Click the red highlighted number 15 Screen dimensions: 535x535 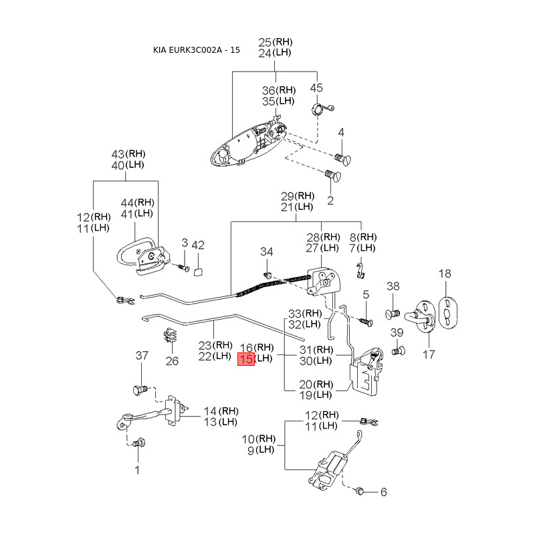click(246, 359)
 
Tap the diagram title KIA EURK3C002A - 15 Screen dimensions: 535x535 click(196, 49)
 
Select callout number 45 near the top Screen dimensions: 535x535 click(316, 88)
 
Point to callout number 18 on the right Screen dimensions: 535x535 click(445, 274)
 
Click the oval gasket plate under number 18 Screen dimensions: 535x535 click(447, 313)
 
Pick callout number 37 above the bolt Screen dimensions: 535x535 click(142, 355)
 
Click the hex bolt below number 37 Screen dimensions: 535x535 click(140, 390)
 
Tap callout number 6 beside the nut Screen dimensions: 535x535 click(383, 492)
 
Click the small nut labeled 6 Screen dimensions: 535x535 click(359, 492)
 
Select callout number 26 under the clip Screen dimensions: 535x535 click(172, 360)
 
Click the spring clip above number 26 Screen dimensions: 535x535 click(171, 336)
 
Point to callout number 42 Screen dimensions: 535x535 click(198, 245)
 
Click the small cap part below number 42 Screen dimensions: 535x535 click(198, 272)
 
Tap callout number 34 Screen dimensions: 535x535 click(266, 251)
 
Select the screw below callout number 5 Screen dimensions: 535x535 click(366, 322)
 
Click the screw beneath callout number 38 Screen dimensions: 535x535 click(392, 313)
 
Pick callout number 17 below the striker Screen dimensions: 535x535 click(429, 354)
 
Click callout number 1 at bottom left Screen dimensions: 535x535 click(137, 470)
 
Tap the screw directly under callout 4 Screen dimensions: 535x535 click(342, 159)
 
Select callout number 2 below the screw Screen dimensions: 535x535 click(330, 200)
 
